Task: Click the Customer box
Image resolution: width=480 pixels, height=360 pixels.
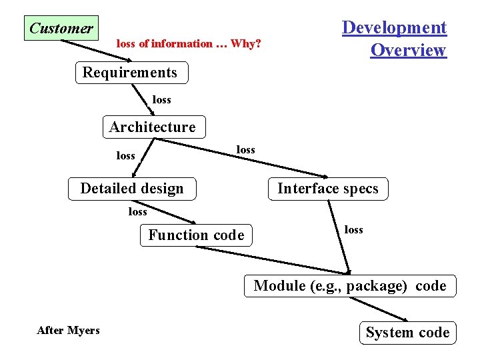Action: [x=61, y=28]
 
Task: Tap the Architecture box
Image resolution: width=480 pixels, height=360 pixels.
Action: [x=153, y=127]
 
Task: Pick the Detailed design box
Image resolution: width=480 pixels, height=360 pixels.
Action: [x=132, y=189]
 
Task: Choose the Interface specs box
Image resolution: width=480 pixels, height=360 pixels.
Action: [x=328, y=189]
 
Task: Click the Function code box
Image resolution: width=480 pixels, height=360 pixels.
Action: [x=196, y=235]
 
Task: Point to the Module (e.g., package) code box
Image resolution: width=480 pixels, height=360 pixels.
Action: [x=350, y=286]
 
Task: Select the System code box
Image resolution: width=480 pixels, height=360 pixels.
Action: [x=407, y=332]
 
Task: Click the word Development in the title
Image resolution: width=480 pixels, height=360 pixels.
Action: [x=394, y=28]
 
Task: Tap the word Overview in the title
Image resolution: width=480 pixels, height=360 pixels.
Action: [x=408, y=51]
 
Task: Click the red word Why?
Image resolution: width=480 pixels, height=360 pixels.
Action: [x=246, y=44]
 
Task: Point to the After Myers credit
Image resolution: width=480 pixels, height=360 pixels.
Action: [x=69, y=330]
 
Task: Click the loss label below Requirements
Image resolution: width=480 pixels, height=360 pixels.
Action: [x=162, y=100]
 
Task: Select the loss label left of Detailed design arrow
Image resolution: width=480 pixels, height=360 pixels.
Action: [x=126, y=156]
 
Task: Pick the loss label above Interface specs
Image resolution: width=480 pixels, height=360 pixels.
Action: [x=246, y=150]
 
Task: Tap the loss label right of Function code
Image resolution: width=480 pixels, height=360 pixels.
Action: [x=354, y=230]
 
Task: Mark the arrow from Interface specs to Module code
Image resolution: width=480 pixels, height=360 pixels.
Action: [x=340, y=237]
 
